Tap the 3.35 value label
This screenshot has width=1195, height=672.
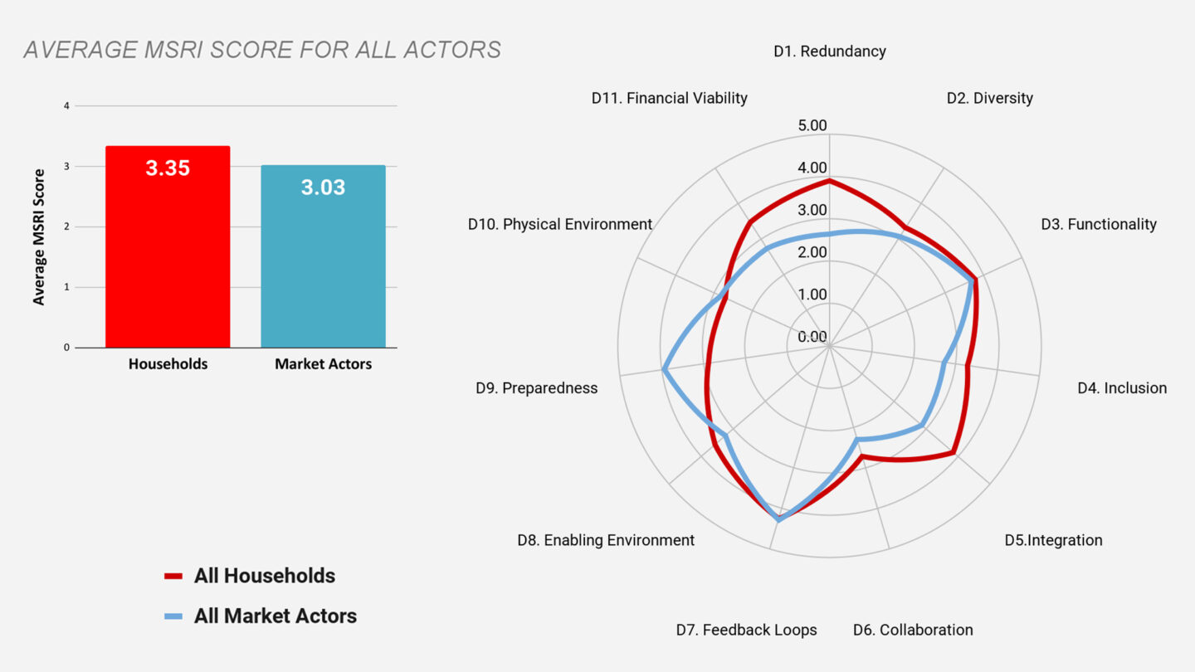[168, 168]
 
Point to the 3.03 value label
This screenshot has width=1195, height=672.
[323, 187]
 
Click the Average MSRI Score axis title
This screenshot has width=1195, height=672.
[39, 237]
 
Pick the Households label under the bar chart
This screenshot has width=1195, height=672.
[168, 364]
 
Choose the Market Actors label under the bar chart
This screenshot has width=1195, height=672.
[323, 364]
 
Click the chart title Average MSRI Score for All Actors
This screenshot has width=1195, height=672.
[262, 50]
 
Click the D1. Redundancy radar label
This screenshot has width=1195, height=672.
[829, 51]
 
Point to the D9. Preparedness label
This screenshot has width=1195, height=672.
[536, 388]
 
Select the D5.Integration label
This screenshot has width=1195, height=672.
[1053, 541]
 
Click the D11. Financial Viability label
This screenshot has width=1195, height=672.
[669, 99]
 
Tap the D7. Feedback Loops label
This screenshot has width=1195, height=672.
[746, 631]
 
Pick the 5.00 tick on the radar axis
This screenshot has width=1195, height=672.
[812, 126]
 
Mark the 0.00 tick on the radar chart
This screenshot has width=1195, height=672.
[812, 337]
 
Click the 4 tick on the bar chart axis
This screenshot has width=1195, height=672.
[66, 106]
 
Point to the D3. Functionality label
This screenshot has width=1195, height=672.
[1098, 225]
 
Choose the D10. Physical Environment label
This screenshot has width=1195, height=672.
[560, 225]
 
